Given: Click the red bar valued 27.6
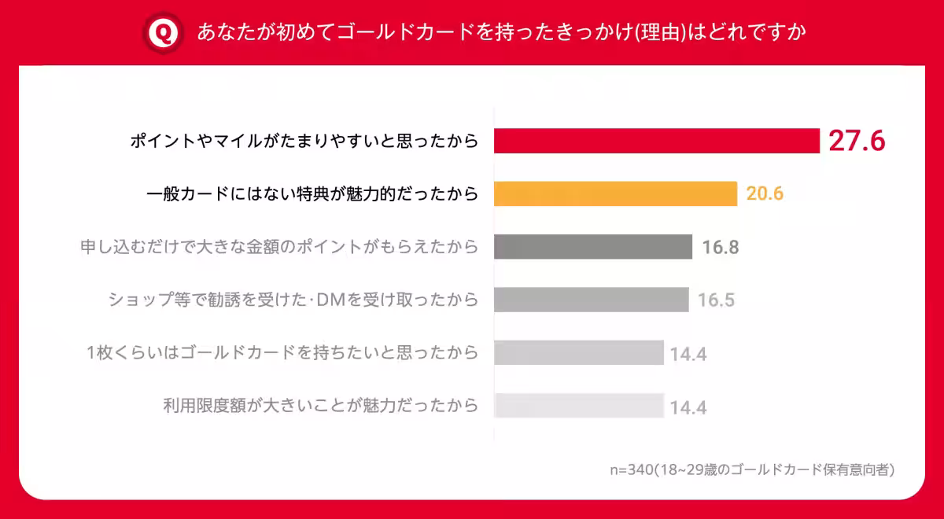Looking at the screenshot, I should tap(657, 141).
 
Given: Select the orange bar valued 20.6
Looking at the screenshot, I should tap(615, 193).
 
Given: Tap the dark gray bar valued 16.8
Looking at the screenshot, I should tap(593, 247).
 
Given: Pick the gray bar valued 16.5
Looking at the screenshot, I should tap(592, 300).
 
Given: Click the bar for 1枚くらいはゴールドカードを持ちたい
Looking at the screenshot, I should tap(579, 352).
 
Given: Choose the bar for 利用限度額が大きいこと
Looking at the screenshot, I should tap(579, 406).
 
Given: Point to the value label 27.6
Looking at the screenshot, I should tap(857, 141).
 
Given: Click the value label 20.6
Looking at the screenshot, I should tap(765, 193).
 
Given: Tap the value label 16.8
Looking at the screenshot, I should tap(721, 248).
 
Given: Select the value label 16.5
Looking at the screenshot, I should tap(717, 300).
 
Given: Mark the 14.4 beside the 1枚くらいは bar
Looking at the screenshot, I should tap(688, 355).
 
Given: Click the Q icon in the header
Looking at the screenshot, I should tap(164, 33).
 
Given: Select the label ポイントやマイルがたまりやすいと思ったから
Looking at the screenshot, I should tap(304, 141).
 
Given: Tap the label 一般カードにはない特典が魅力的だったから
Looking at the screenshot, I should tap(313, 193).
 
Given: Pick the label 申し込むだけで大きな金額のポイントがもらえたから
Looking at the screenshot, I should tap(279, 247).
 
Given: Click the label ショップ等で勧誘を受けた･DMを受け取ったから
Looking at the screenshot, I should tap(293, 300).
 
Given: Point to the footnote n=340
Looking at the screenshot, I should tap(752, 469).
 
